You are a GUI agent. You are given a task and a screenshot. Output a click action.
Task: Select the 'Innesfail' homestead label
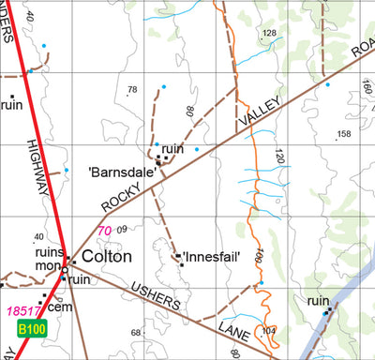[213, 257]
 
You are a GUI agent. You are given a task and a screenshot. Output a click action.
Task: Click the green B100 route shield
[31, 329]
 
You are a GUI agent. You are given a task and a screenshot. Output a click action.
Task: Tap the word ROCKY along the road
[120, 197]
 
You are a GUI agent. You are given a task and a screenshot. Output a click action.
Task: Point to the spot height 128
[270, 34]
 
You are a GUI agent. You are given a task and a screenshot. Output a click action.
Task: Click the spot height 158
[343, 134]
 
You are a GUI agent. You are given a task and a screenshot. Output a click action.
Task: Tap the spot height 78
[132, 90]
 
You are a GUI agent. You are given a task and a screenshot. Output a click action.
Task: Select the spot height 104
[270, 331]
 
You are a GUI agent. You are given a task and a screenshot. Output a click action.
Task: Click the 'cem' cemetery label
[60, 307]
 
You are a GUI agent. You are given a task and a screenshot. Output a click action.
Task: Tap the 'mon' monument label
[47, 265]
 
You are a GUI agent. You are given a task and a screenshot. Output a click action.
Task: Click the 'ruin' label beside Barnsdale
[172, 149]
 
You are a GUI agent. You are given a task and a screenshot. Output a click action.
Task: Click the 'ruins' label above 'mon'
[49, 251]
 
